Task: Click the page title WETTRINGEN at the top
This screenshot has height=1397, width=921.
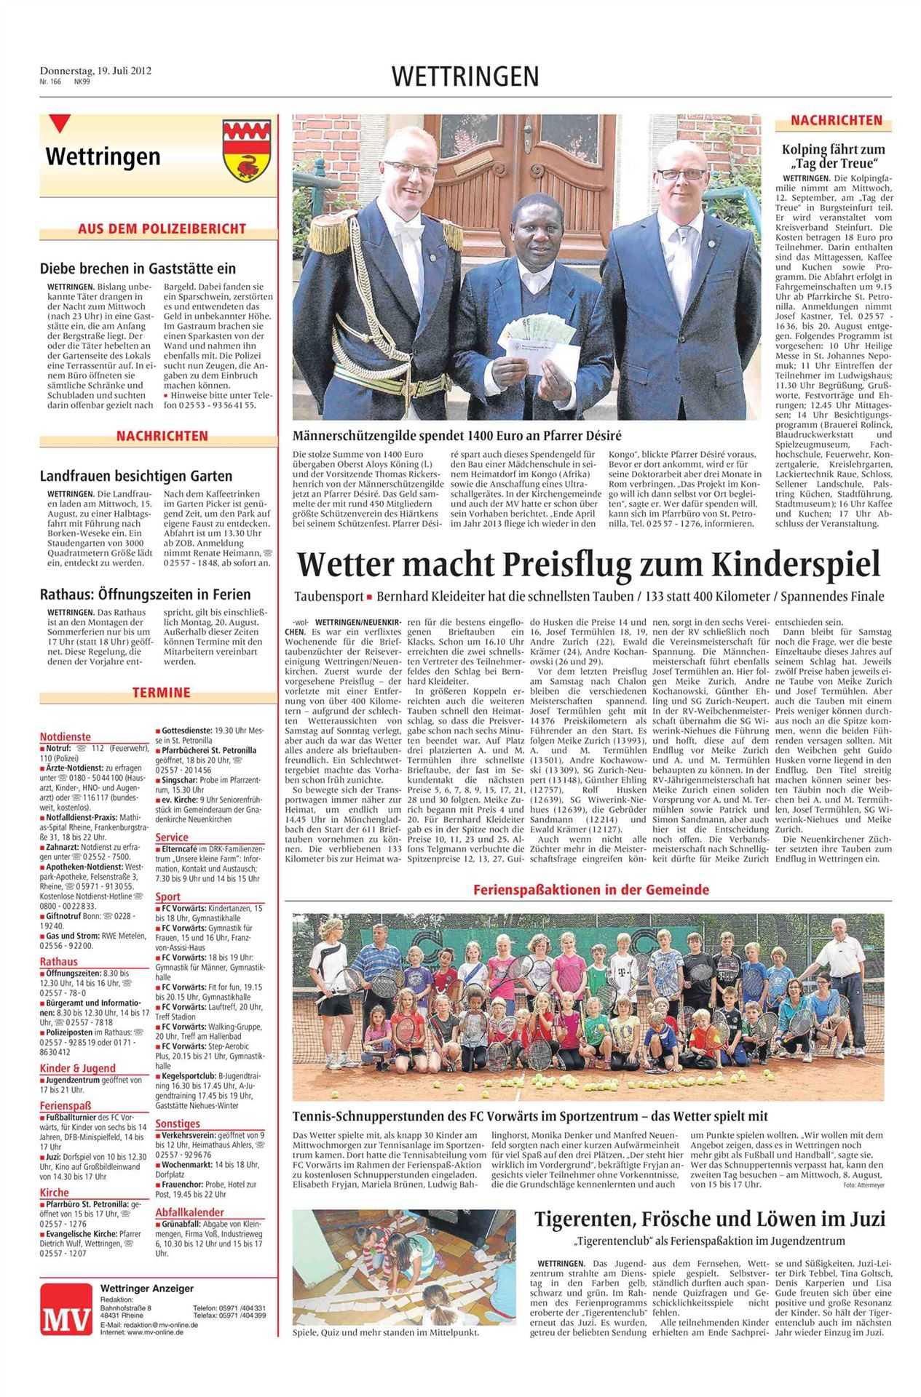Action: (465, 76)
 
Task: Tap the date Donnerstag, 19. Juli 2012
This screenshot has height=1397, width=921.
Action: (95, 71)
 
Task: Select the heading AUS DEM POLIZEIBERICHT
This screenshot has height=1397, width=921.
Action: (162, 228)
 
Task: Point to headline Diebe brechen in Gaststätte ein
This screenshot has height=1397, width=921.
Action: (138, 268)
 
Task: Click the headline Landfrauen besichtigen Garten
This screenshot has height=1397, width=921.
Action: (136, 476)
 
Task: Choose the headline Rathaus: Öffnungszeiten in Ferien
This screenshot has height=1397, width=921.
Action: (145, 594)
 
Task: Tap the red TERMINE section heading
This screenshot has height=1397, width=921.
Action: (161, 692)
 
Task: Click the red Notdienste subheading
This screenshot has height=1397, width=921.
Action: (66, 736)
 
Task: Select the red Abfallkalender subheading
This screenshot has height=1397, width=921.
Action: (189, 1212)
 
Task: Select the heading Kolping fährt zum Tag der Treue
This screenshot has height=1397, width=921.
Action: (834, 156)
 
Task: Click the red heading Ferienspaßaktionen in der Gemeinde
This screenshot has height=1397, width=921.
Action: (590, 889)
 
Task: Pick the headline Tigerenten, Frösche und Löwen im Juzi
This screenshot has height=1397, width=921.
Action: (710, 1218)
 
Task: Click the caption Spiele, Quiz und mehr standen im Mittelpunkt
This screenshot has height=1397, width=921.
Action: (385, 1333)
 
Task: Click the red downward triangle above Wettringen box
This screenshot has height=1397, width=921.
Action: (60, 124)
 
